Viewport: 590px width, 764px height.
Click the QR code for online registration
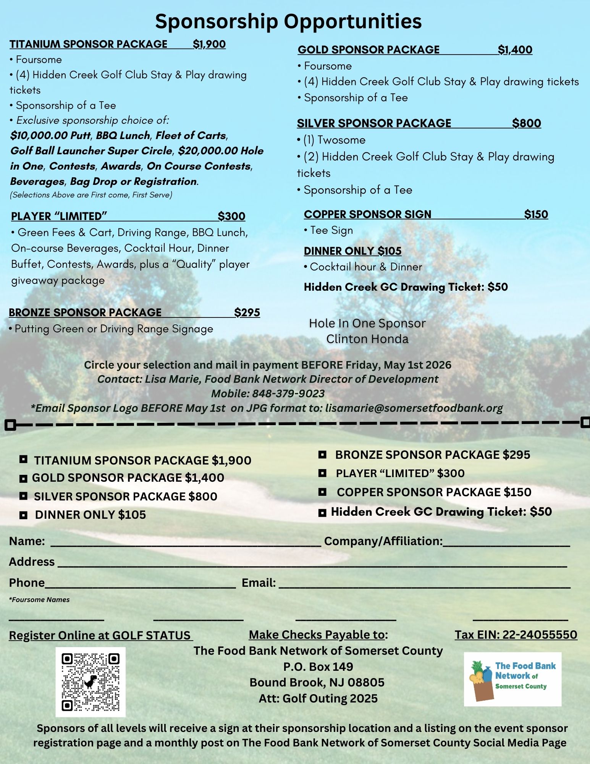click(x=91, y=682)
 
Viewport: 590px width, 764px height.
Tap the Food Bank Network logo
click(x=512, y=679)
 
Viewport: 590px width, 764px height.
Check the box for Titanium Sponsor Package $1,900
click(x=23, y=459)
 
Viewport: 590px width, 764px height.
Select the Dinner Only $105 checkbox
click(x=23, y=515)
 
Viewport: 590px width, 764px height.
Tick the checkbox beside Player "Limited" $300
click(x=323, y=473)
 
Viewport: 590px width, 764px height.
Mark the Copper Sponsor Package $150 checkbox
click(x=323, y=492)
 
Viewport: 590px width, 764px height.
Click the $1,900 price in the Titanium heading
click(x=209, y=44)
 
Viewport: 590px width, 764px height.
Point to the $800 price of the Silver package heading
click(x=526, y=123)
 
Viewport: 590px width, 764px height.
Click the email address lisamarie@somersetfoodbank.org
click(x=414, y=408)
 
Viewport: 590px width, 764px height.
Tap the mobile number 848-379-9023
click(x=288, y=393)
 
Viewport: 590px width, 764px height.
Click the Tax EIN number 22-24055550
click(x=540, y=635)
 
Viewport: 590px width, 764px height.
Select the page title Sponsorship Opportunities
click(x=288, y=21)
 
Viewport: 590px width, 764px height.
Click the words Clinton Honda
click(x=367, y=339)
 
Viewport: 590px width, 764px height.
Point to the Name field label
click(x=27, y=541)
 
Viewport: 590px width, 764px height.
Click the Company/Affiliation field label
click(x=383, y=541)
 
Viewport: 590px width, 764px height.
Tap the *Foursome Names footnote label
click(x=39, y=600)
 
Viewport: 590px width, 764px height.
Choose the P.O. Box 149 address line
click(x=318, y=667)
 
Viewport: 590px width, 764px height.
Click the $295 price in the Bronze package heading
click(x=247, y=312)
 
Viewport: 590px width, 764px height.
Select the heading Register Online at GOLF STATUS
click(x=100, y=635)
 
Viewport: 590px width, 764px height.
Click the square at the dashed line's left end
click(x=11, y=424)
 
